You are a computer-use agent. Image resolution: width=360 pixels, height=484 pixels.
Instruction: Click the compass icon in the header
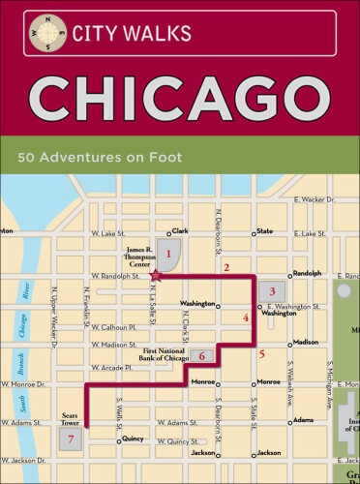point(41,30)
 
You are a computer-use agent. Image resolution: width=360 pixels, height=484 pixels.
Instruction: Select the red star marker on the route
point(156,277)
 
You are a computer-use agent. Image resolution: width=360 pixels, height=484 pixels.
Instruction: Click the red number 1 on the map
point(169,255)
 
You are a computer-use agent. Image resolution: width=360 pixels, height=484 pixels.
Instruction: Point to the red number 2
point(226,267)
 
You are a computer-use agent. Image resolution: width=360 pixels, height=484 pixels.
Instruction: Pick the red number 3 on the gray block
point(273,291)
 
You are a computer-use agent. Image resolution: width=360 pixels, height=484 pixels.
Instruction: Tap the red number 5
point(261,353)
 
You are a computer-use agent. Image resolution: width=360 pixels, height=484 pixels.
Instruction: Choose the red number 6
point(202,356)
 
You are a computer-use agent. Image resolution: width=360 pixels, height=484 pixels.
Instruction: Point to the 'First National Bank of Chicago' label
point(161,353)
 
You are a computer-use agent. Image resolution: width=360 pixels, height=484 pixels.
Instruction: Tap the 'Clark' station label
point(179,231)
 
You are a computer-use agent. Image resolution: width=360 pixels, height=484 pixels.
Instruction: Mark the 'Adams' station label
point(303,420)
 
